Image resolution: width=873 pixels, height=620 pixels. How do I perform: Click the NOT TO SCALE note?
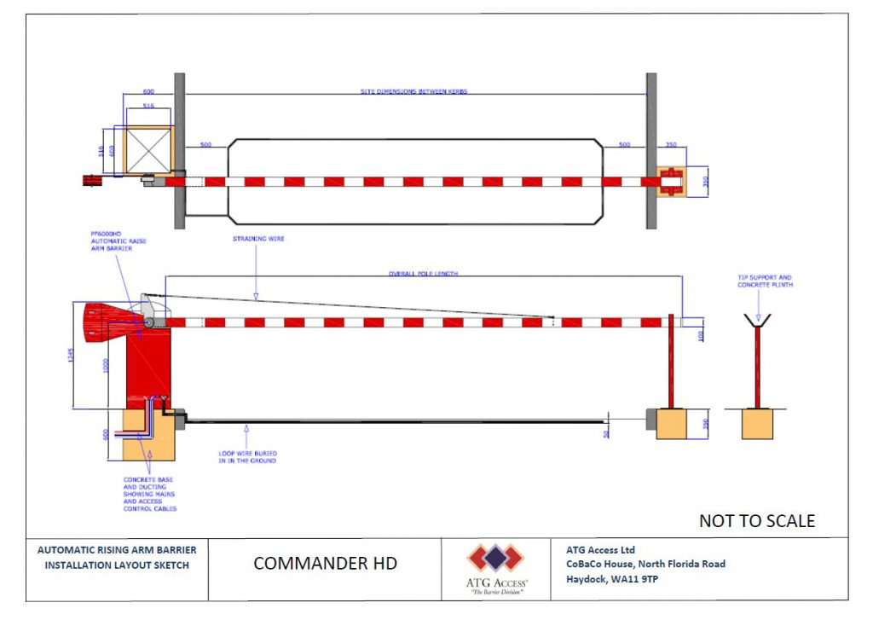coord(756,520)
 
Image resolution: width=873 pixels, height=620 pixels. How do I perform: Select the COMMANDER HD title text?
coord(325,564)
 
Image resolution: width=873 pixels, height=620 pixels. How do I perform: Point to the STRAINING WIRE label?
coord(258,240)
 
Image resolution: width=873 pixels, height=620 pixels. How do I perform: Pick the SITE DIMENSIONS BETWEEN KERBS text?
coord(413,91)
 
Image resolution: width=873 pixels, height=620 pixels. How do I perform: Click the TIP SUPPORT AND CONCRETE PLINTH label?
coord(765,281)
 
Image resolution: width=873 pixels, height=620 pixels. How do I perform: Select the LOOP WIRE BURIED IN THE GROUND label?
coord(246,456)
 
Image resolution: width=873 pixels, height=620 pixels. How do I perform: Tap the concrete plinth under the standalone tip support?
coord(757,423)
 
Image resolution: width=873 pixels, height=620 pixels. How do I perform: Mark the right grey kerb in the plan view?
coord(651,150)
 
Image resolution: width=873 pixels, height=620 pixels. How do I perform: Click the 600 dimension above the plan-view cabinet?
coord(148,91)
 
